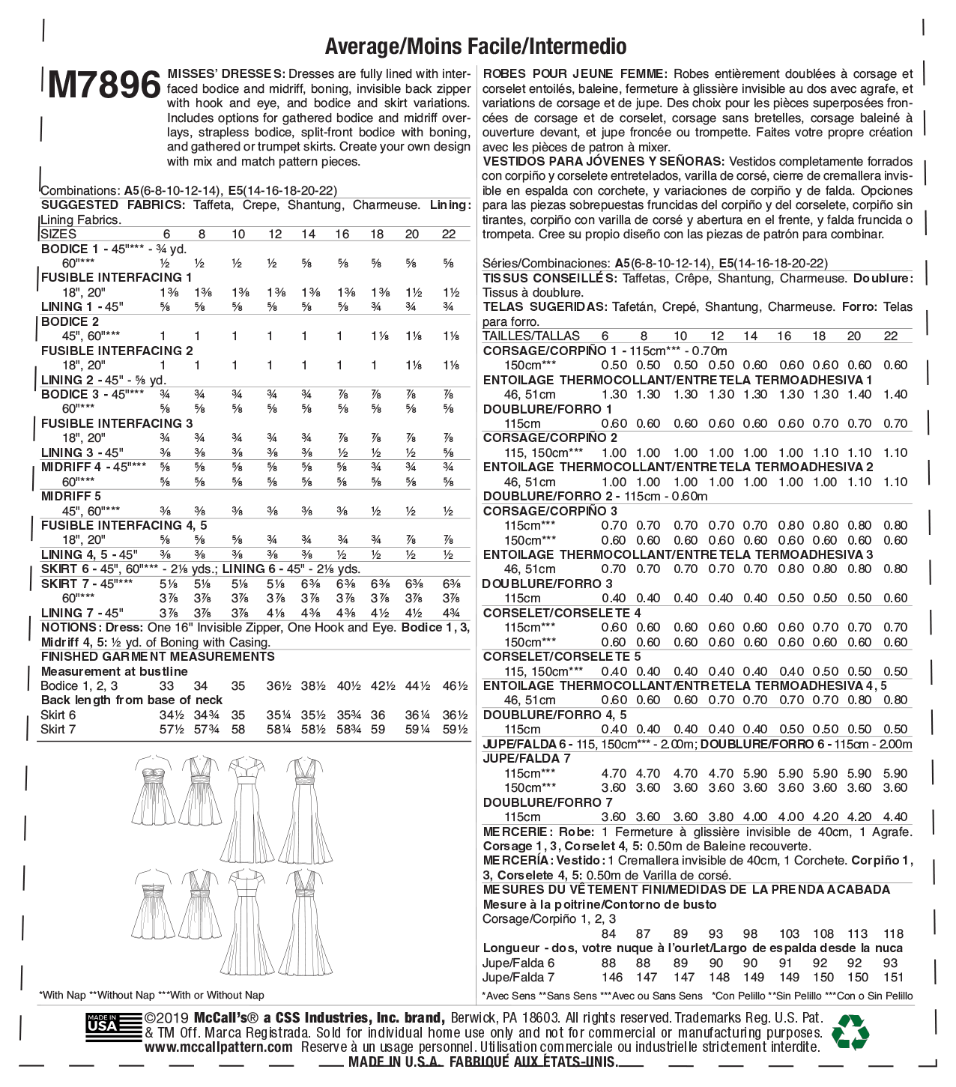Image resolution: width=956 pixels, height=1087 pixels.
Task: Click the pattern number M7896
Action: pyautogui.click(x=103, y=85)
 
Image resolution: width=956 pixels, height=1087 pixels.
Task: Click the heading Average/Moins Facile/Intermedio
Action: pyautogui.click(x=476, y=46)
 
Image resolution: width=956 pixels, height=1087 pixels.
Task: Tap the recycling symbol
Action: pyautogui.click(x=850, y=1032)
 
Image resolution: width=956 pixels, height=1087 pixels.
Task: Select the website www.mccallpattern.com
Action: pyautogui.click(x=219, y=1047)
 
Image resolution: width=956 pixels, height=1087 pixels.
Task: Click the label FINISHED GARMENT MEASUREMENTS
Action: pyautogui.click(x=157, y=656)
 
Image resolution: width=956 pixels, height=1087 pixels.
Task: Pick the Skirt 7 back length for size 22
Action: pyautogui.click(x=454, y=729)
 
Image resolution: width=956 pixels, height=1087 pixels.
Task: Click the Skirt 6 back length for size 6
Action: pyautogui.click(x=166, y=715)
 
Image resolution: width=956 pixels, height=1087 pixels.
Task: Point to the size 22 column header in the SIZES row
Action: pyautogui.click(x=448, y=234)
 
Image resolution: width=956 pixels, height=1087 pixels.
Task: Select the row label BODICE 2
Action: pyautogui.click(x=70, y=321)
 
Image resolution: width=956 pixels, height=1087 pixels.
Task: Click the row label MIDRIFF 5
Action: pyautogui.click(x=71, y=496)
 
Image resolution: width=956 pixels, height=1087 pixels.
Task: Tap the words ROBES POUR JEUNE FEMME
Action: pyautogui.click(x=575, y=74)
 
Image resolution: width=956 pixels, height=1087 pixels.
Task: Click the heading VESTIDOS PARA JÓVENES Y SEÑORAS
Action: pyautogui.click(x=603, y=162)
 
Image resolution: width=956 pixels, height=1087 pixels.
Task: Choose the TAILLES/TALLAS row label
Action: pyautogui.click(x=531, y=336)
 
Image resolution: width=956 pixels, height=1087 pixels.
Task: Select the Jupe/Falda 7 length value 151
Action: pyautogui.click(x=893, y=977)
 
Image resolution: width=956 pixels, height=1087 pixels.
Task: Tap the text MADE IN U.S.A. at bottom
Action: pyautogui.click(x=396, y=1062)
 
